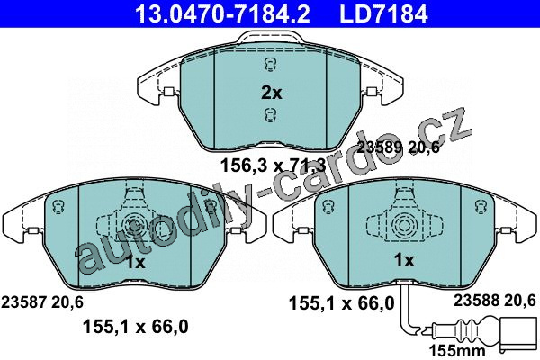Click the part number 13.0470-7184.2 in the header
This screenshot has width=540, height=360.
222,13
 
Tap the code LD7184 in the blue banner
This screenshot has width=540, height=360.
384,13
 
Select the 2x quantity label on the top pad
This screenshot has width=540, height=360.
272,93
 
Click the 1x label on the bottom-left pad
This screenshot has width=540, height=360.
135,263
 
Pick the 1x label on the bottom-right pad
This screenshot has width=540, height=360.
404,260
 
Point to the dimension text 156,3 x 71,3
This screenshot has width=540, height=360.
273,166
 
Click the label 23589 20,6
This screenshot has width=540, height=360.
398,148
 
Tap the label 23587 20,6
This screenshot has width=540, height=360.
42,302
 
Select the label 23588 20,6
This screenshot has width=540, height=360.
494,301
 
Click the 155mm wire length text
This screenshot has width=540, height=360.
457,351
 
